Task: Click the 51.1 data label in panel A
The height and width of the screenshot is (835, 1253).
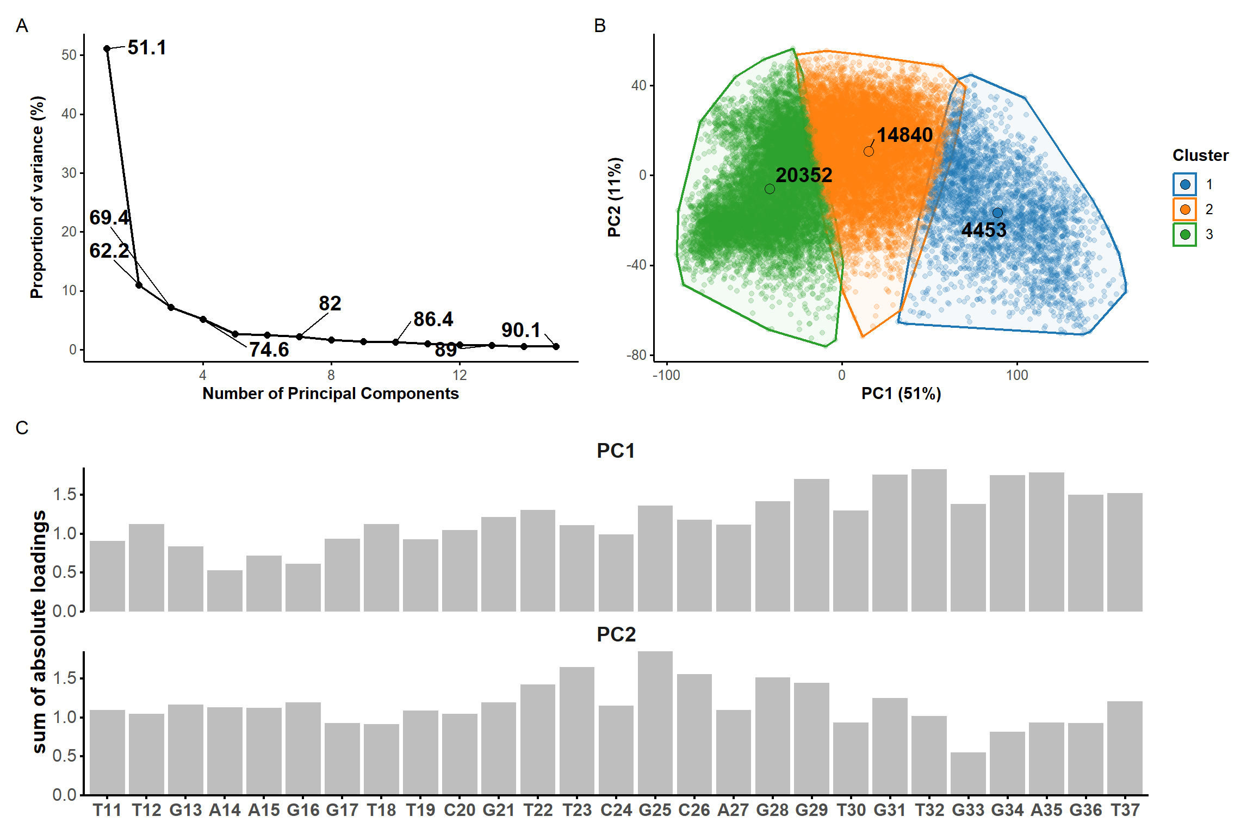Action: pyautogui.click(x=147, y=48)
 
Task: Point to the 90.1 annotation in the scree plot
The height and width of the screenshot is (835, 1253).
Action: pyautogui.click(x=520, y=330)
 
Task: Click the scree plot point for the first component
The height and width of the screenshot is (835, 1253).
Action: pyautogui.click(x=107, y=49)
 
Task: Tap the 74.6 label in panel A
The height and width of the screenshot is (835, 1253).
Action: pyautogui.click(x=269, y=350)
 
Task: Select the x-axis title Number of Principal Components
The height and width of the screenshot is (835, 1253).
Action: pyautogui.click(x=330, y=393)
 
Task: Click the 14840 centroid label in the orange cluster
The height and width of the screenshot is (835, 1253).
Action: pyautogui.click(x=904, y=135)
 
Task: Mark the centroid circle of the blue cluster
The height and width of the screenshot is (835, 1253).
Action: pyautogui.click(x=997, y=213)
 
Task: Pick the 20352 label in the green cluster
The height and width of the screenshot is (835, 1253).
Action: pyautogui.click(x=803, y=175)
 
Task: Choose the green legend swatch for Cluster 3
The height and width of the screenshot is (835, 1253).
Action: pyautogui.click(x=1185, y=234)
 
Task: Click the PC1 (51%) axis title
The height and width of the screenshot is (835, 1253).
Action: pyautogui.click(x=901, y=393)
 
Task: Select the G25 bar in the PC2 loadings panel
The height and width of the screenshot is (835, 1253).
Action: pyautogui.click(x=655, y=723)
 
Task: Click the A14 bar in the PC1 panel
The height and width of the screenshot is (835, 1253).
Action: pyautogui.click(x=225, y=591)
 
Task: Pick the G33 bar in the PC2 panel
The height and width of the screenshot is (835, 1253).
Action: pyautogui.click(x=968, y=774)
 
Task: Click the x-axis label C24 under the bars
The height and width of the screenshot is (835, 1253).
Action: pyautogui.click(x=616, y=810)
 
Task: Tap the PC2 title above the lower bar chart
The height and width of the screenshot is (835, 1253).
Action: pyautogui.click(x=616, y=634)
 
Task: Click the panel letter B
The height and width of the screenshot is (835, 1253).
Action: pyautogui.click(x=600, y=26)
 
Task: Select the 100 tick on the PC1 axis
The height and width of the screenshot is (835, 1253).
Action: pyautogui.click(x=1016, y=375)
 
